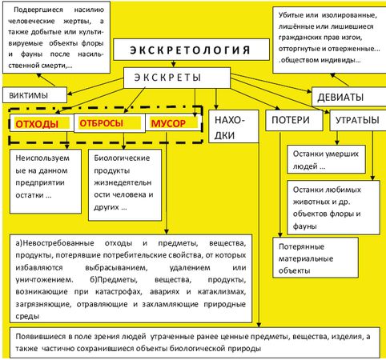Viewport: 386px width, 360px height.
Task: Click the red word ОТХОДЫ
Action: click(x=38, y=124)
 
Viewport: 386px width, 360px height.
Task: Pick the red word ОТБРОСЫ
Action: click(x=102, y=124)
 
